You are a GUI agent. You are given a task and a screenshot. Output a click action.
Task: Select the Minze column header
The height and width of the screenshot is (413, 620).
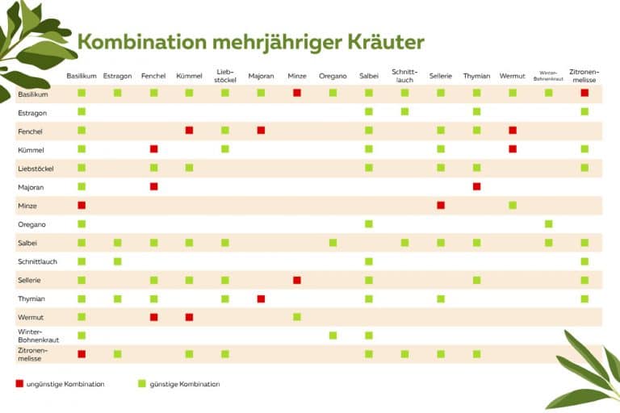297,76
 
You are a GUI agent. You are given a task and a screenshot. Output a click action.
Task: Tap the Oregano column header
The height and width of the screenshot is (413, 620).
333,76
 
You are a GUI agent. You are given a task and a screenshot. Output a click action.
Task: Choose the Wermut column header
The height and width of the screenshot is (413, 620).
512,76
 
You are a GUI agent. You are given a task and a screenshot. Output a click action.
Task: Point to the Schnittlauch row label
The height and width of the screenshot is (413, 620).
36,261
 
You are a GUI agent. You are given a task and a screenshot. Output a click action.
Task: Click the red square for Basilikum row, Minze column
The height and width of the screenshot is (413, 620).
297,93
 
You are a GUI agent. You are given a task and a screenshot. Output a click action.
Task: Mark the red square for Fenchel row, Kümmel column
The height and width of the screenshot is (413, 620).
189,130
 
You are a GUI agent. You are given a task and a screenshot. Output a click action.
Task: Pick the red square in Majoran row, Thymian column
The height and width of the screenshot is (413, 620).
476,186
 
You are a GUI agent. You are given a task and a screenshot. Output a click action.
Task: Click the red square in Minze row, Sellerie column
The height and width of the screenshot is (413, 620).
441,205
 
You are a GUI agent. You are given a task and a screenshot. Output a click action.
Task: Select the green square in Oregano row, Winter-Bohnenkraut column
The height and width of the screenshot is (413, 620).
548,223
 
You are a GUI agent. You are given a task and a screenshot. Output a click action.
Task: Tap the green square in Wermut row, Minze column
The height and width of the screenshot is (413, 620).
297,317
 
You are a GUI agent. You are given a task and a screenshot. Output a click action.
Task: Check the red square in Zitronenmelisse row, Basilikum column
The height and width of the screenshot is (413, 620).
82,354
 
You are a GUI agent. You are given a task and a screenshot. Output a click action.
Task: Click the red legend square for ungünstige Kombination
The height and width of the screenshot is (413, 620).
20,384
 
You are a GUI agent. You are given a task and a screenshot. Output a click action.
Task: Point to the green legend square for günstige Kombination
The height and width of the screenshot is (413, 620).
142,384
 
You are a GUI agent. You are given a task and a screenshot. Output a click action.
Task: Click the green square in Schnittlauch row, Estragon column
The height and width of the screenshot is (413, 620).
117,261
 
